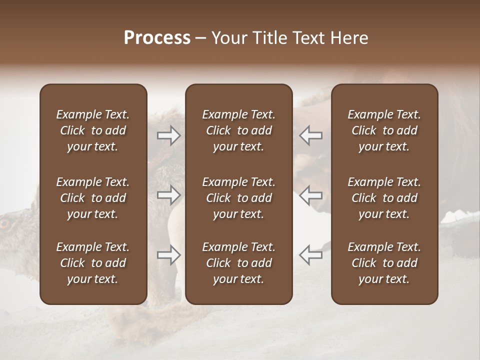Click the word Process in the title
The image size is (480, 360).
pos(157,38)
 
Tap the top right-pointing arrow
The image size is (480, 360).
pos(169,135)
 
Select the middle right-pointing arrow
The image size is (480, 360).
pos(169,195)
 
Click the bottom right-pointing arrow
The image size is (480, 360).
pos(169,255)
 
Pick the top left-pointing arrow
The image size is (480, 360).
pos(310,135)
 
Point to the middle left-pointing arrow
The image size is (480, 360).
pos(310,195)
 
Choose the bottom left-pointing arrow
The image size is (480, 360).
pos(310,255)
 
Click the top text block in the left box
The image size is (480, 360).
pos(93,130)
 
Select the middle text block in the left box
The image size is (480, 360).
pos(93,198)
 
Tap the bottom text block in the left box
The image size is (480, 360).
pos(93,263)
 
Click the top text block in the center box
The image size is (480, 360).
pos(238,130)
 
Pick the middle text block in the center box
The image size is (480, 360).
pos(238,198)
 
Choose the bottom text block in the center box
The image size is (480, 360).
pos(238,263)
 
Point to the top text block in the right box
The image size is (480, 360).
pos(384,130)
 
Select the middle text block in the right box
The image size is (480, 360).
pos(384,198)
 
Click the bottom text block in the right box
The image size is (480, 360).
pos(384,263)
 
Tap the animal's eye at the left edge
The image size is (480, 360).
pos(4,223)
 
